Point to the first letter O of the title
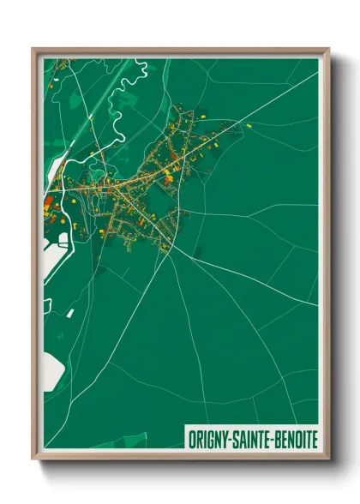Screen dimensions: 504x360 pyautogui.click(x=191, y=438)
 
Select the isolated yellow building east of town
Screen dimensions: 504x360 pyautogui.click(x=249, y=126)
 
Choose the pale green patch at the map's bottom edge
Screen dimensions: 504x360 pyautogui.click(x=129, y=441)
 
